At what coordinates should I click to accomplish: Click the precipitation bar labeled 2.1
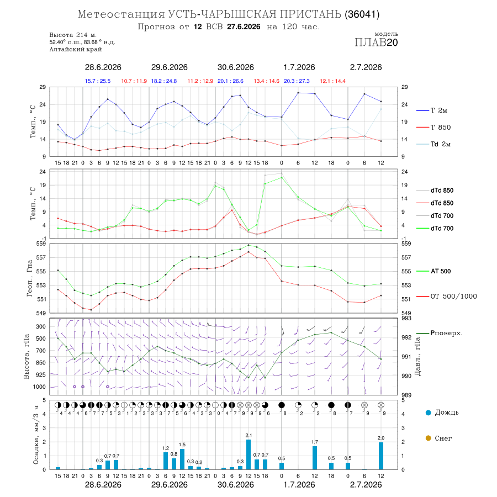pos(248,454)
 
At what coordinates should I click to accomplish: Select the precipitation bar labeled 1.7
pos(315,458)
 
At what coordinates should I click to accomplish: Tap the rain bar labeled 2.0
pos(381,456)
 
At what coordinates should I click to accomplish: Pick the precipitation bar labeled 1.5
pos(182,459)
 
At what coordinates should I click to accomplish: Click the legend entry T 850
pos(441,128)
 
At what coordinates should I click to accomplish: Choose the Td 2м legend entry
pos(441,144)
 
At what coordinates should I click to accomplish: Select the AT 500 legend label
pos(441,271)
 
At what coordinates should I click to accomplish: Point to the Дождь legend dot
pos(429,413)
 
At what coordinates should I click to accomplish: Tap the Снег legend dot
pos(429,438)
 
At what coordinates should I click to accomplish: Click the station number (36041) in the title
pos(362,14)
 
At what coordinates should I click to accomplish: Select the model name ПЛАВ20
pos(376,43)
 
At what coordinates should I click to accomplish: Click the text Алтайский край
pos(76,49)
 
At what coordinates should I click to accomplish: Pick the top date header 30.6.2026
pos(235,67)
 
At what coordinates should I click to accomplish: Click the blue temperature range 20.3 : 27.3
pos(297,81)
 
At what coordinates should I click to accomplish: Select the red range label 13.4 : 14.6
pos(267,81)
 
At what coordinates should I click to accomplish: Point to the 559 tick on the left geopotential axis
pos(42,244)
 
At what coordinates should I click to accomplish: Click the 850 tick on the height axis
pos(40,363)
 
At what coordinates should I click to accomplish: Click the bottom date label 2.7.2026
pos(366,485)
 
